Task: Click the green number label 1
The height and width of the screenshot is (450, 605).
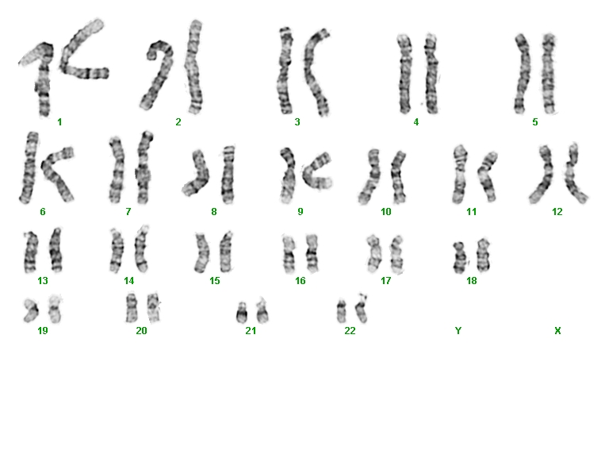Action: point(59,122)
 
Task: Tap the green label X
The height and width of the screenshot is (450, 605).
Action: point(557,331)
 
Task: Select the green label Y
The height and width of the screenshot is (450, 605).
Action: point(458,331)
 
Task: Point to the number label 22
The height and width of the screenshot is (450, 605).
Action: point(350,331)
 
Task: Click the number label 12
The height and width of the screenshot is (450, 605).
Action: point(557,212)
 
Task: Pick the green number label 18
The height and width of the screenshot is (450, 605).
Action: point(472,280)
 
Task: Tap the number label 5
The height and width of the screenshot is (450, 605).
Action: point(534,122)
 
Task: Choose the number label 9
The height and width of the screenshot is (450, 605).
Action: point(301,212)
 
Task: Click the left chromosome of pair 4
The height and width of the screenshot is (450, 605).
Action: point(404,74)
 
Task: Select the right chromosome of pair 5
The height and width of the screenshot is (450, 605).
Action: point(549,74)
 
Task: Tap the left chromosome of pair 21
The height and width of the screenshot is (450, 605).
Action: point(242,313)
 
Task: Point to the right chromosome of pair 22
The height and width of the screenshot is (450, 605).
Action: point(362,309)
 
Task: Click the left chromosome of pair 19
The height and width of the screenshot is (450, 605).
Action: point(30,310)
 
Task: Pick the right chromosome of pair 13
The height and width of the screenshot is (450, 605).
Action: point(56,250)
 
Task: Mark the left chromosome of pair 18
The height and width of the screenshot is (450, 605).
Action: point(460,258)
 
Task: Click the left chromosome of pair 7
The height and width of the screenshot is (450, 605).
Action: point(117,170)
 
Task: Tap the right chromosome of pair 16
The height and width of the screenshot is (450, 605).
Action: point(312,253)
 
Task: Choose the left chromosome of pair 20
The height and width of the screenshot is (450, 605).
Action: point(132,307)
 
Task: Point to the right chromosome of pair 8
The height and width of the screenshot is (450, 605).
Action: point(228,175)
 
